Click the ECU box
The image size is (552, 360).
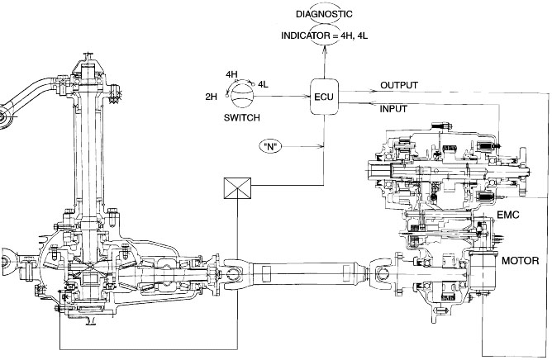(324, 97)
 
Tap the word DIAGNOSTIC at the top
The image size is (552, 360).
(324, 14)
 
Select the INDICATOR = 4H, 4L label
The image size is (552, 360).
(325, 36)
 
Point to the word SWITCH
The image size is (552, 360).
(242, 117)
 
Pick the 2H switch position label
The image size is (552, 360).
(212, 97)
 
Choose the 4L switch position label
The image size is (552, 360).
(263, 84)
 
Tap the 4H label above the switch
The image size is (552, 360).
(231, 74)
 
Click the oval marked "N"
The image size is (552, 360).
(270, 146)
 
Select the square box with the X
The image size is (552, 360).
(238, 188)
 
